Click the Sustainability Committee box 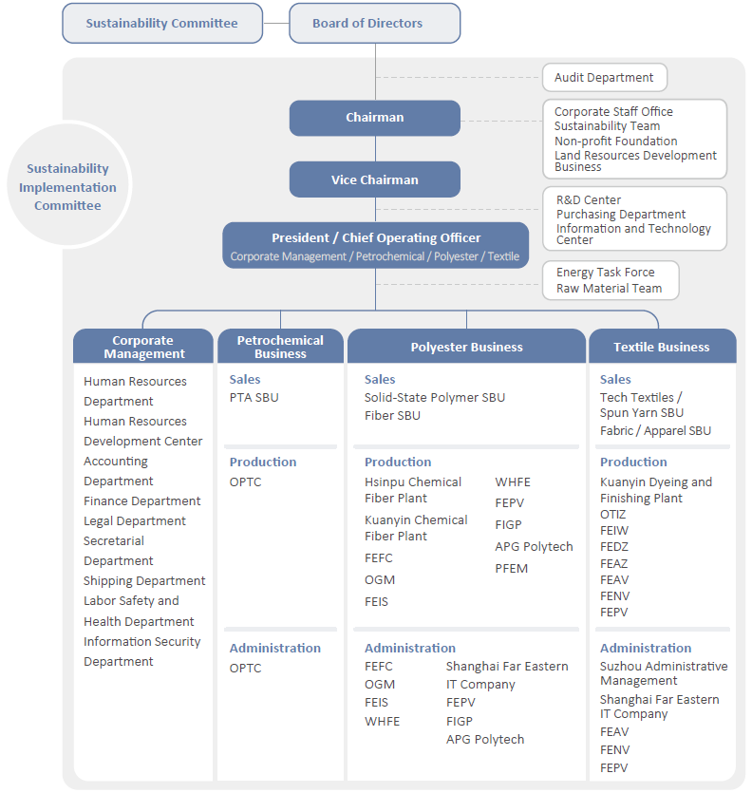[x=162, y=23]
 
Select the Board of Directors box [x=375, y=23]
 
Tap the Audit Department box [x=605, y=77]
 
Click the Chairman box [x=375, y=118]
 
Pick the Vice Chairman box [x=375, y=179]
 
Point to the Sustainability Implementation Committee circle [x=68, y=185]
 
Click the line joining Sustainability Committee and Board [x=276, y=23]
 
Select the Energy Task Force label [x=606, y=273]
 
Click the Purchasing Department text [x=621, y=215]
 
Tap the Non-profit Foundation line [x=615, y=142]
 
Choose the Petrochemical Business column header [x=281, y=347]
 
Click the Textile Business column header [x=662, y=347]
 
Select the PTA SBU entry [x=254, y=398]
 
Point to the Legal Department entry [x=135, y=521]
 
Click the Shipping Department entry [x=144, y=581]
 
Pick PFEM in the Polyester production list [x=511, y=569]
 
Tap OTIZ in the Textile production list [x=613, y=515]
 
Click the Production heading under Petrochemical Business [x=263, y=462]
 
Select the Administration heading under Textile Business [x=646, y=648]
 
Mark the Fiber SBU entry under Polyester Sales [x=392, y=416]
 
